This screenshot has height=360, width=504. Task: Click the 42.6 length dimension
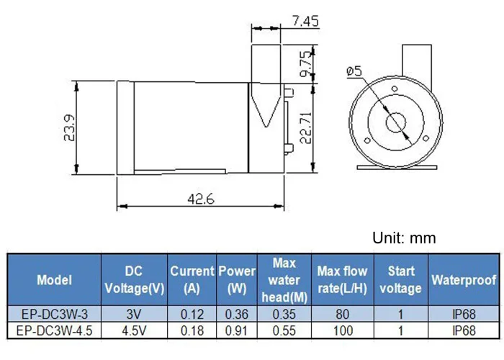(201, 199)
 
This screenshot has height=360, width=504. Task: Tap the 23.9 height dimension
(69, 128)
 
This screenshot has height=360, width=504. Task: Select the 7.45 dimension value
(305, 21)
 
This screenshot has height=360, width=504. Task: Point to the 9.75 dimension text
(306, 64)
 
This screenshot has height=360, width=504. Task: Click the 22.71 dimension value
(306, 127)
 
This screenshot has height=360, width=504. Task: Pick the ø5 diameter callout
(354, 71)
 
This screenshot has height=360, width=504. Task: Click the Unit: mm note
(404, 238)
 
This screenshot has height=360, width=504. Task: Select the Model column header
(54, 280)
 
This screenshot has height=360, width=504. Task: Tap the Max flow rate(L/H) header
(342, 279)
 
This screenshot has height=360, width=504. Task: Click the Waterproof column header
(464, 280)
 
